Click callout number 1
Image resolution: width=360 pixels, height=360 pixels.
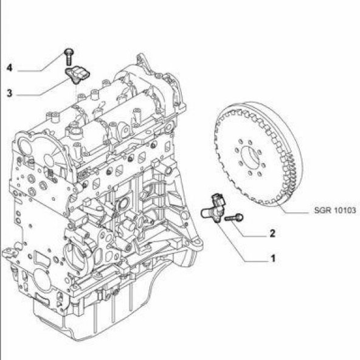click(x=273, y=258)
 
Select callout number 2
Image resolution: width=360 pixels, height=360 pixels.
click(x=272, y=234)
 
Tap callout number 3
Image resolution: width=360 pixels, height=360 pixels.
click(x=10, y=93)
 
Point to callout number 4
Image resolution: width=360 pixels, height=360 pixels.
click(x=10, y=67)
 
